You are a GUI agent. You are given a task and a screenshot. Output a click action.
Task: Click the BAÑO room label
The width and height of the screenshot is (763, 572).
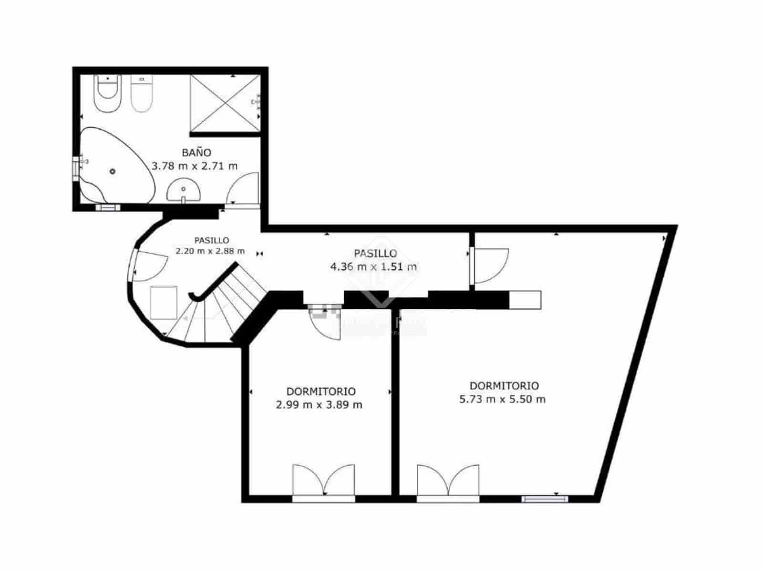coord(196,153)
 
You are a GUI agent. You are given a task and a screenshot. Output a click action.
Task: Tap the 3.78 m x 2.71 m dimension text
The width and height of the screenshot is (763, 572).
coord(195,166)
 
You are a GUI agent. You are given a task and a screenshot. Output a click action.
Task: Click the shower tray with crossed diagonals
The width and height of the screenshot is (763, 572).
coord(225,102)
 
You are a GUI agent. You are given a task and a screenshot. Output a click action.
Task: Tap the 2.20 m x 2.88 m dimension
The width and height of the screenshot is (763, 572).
coord(210,251)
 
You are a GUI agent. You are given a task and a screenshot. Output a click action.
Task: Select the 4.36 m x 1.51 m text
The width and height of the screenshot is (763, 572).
coord(373,266)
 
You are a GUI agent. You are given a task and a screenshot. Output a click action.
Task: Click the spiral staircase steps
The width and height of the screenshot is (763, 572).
coord(224,310)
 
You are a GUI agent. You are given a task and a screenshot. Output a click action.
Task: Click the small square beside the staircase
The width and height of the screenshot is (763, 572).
coord(164,302)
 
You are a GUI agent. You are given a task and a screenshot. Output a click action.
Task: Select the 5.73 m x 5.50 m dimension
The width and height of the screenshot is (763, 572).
coord(502,399)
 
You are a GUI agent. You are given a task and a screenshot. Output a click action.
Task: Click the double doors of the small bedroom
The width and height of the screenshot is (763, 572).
coord(324,481)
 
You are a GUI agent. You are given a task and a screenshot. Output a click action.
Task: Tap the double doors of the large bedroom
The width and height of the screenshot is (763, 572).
coord(448,481)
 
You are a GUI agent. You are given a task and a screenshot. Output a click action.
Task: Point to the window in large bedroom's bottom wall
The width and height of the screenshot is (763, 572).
coord(544,499)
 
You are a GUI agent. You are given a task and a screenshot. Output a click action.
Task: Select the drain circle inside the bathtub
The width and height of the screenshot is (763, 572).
coord(113,171)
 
